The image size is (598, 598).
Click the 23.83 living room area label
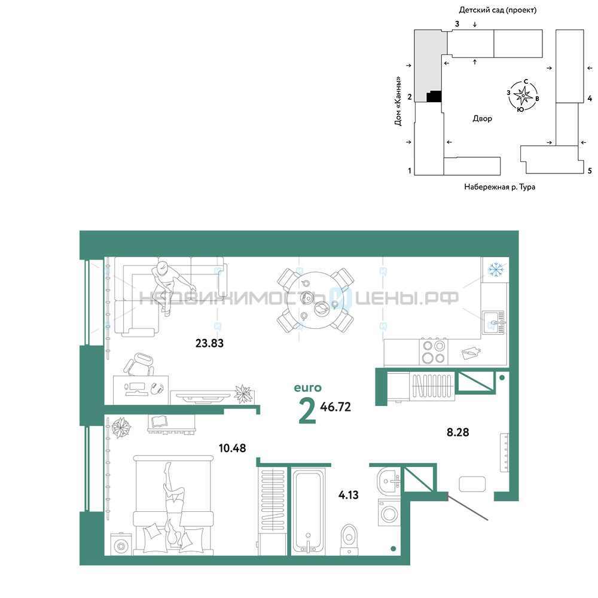point(209,343)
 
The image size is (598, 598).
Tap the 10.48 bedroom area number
point(232,448)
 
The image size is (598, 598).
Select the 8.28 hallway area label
point(457,432)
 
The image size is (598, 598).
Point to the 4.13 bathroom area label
point(348,495)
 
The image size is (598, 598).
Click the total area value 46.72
point(335,407)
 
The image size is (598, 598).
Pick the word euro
point(308,388)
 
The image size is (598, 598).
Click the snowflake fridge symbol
point(495,270)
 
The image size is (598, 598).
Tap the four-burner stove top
point(434,352)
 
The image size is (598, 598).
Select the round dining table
point(315,300)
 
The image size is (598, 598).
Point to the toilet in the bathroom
point(349,539)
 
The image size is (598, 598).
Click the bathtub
point(308,511)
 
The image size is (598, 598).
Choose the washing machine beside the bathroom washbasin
point(389,513)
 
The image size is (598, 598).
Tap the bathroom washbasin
point(388,481)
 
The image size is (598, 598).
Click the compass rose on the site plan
point(523,95)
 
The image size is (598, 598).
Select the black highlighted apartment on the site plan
point(434,96)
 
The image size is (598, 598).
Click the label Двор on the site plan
point(482,118)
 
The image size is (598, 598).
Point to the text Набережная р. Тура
point(499,187)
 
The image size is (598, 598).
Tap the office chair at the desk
point(139,365)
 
